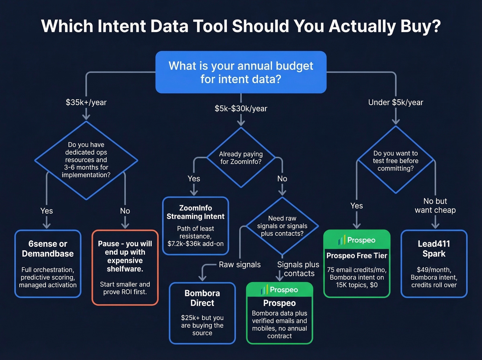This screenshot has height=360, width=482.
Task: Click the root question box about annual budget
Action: point(241,72)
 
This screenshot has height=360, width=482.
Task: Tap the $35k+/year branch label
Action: point(86,102)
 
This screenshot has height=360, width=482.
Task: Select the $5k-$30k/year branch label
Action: point(241,109)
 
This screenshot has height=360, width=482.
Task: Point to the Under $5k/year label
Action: point(396,102)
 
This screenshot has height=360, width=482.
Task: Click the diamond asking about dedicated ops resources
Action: point(86,160)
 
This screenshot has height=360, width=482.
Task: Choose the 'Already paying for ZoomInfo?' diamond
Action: point(241,158)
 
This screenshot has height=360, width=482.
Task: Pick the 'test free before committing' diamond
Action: point(396,161)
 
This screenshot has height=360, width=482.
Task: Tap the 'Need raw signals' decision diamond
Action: point(282,226)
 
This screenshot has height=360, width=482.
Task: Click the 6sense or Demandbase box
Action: point(48,264)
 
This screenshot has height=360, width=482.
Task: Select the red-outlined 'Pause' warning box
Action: point(125,267)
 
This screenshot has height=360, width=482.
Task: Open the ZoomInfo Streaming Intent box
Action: point(196,226)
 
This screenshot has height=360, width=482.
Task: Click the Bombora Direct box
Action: point(202,313)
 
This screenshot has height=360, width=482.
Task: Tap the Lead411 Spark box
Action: point(434,264)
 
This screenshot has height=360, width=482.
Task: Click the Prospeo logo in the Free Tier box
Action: point(357,240)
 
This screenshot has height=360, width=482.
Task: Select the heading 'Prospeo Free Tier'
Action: point(357,256)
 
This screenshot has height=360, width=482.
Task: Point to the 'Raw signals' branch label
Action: point(240,265)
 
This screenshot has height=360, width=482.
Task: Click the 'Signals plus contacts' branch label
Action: point(298,269)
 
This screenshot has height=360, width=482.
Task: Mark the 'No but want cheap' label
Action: point(435,206)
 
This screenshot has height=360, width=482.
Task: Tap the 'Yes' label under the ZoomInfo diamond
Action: point(194,178)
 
